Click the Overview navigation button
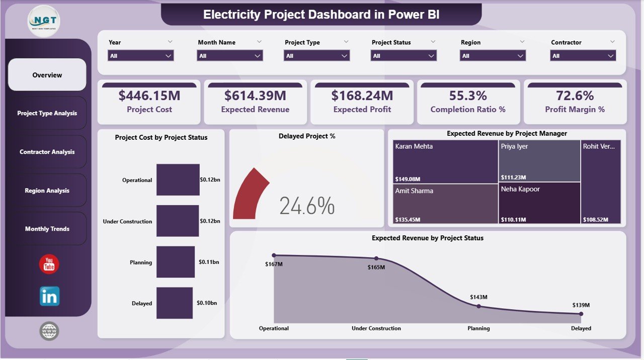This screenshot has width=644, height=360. pyautogui.click(x=47, y=75)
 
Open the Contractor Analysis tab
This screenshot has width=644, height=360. pyautogui.click(x=47, y=152)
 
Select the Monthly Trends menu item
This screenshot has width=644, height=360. pyautogui.click(x=47, y=229)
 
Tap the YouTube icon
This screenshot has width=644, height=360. pyautogui.click(x=49, y=264)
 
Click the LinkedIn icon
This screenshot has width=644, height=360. pyautogui.click(x=49, y=296)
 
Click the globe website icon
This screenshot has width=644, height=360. pyautogui.click(x=49, y=331)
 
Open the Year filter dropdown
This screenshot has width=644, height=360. pyautogui.click(x=141, y=56)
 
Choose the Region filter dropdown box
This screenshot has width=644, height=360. pyautogui.click(x=493, y=56)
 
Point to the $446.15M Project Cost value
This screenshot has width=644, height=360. pyautogui.click(x=149, y=96)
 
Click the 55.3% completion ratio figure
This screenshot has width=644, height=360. pyautogui.click(x=468, y=96)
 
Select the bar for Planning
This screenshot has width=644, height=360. pyautogui.click(x=175, y=262)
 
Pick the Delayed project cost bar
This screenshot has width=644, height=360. pyautogui.click(x=174, y=303)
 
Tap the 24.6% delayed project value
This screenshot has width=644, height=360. pyautogui.click(x=307, y=206)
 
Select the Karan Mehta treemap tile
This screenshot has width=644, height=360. pyautogui.click(x=445, y=161)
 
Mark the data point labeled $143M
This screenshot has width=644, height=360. pyautogui.click(x=478, y=306)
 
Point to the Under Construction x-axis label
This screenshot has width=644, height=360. pyautogui.click(x=376, y=328)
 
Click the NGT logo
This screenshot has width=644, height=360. pyautogui.click(x=44, y=21)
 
